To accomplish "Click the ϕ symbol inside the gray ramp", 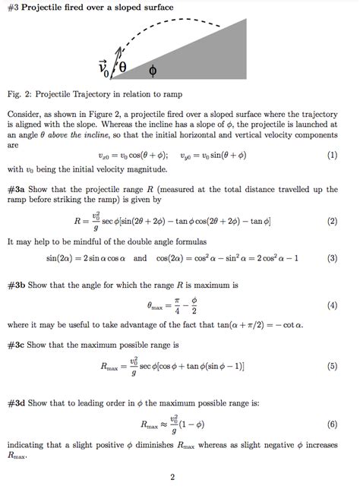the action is click(153, 71).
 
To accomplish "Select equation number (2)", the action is click(332, 222).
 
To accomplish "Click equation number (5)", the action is click(332, 366).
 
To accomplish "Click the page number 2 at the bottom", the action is click(173, 477).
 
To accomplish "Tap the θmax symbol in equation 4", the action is click(156, 307).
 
